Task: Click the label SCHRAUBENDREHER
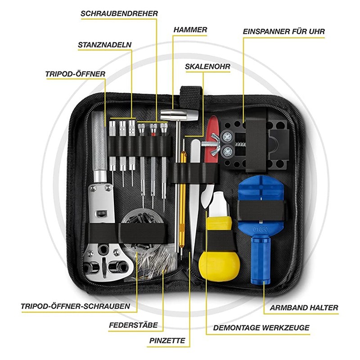pyautogui.click(x=119, y=13)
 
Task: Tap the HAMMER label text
pyautogui.click(x=190, y=30)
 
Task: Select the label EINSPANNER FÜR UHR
pyautogui.click(x=284, y=31)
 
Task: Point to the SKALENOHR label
pyautogui.click(x=207, y=67)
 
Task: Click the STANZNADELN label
pyautogui.click(x=105, y=45)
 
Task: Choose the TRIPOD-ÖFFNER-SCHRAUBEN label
pyautogui.click(x=76, y=306)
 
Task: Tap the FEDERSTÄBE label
pyautogui.click(x=133, y=325)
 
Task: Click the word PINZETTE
pyautogui.click(x=167, y=341)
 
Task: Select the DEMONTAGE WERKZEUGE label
pyautogui.click(x=261, y=328)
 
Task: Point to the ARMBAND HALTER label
pyautogui.click(x=304, y=308)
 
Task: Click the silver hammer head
pyautogui.click(x=179, y=115)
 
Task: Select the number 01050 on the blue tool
pyautogui.click(x=260, y=229)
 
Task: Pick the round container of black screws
pyautogui.click(x=142, y=227)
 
